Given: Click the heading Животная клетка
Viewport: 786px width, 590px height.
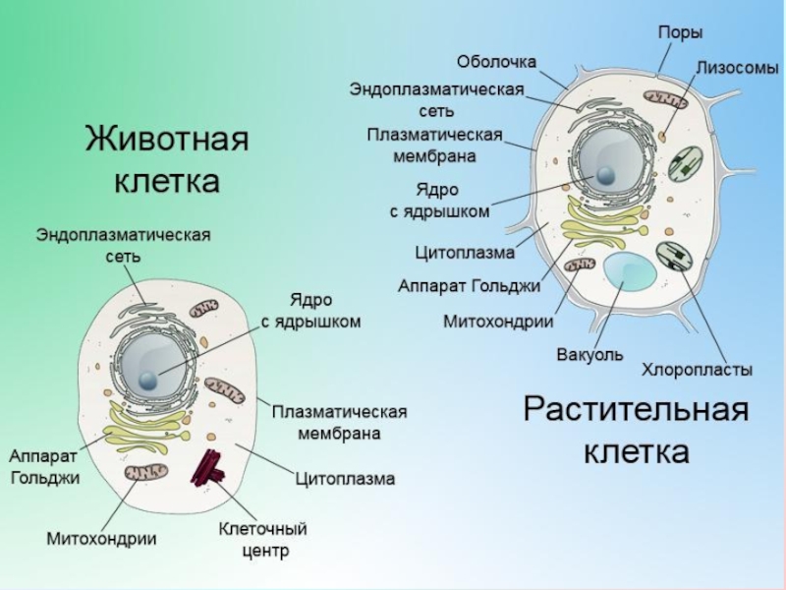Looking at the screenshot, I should coord(167,159).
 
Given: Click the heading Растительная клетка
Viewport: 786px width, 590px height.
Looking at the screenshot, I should coord(636,430).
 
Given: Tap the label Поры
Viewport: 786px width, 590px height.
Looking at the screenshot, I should coord(680,32).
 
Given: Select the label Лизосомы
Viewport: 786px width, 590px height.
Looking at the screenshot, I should coord(738,68).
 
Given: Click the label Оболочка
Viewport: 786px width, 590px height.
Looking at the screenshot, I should coord(497,62).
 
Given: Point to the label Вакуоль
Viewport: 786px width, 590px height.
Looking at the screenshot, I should coord(589,355).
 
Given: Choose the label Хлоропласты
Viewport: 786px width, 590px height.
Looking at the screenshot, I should coord(698,371).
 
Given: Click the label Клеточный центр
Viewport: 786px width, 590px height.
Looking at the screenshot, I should coord(262,540).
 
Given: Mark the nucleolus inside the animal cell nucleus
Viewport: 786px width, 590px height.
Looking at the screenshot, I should coord(146,380).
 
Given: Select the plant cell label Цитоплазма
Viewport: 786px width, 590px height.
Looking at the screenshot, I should coord(465,253).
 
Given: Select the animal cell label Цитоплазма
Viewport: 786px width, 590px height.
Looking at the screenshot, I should coord(346,479).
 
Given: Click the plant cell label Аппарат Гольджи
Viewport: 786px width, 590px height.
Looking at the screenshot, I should coord(469,286).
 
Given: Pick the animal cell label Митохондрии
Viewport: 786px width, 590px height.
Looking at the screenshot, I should coord(102,539).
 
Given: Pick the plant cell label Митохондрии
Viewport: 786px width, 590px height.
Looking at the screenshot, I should coord(498,321).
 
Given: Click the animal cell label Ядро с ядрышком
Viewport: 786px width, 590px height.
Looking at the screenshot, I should coord(310,311).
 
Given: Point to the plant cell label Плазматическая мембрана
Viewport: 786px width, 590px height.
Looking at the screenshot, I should coord(435,145).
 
